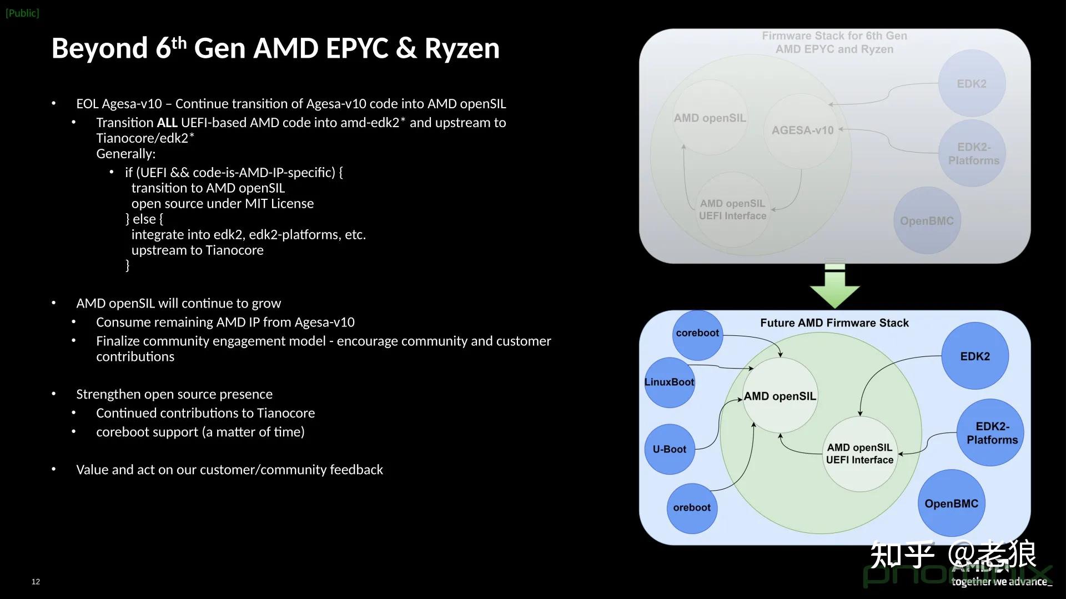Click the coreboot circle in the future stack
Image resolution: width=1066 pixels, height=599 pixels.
[x=697, y=334]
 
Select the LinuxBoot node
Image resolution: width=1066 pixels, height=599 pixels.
[x=669, y=382]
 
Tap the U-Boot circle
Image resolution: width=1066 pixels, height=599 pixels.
[x=669, y=449]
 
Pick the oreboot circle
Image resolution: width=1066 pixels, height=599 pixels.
[x=691, y=507]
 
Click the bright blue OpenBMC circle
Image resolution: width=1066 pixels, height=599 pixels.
[x=951, y=504]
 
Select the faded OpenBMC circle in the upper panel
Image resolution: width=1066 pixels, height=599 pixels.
[x=927, y=221]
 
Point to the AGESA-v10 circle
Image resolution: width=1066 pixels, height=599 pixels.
[x=802, y=130]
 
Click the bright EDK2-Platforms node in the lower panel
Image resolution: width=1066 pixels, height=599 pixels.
[x=992, y=433]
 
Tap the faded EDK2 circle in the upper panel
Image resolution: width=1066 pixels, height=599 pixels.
[x=971, y=84]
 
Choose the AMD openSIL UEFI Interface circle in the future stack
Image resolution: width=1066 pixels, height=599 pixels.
[x=859, y=454]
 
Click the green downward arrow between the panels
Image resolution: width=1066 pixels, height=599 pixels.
[x=834, y=286]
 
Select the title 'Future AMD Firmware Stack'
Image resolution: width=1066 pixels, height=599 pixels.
[x=834, y=323]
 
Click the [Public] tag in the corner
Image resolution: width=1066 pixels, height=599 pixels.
[x=22, y=13]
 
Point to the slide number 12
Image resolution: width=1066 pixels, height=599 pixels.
[x=36, y=581]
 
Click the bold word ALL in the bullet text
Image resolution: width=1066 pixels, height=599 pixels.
[x=167, y=123]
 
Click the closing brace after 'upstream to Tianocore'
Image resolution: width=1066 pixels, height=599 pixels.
[x=127, y=265]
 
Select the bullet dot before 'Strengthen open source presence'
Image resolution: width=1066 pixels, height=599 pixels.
[x=54, y=394]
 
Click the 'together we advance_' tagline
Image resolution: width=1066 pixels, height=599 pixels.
[x=1001, y=581]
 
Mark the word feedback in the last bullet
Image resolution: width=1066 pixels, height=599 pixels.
[x=356, y=470]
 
